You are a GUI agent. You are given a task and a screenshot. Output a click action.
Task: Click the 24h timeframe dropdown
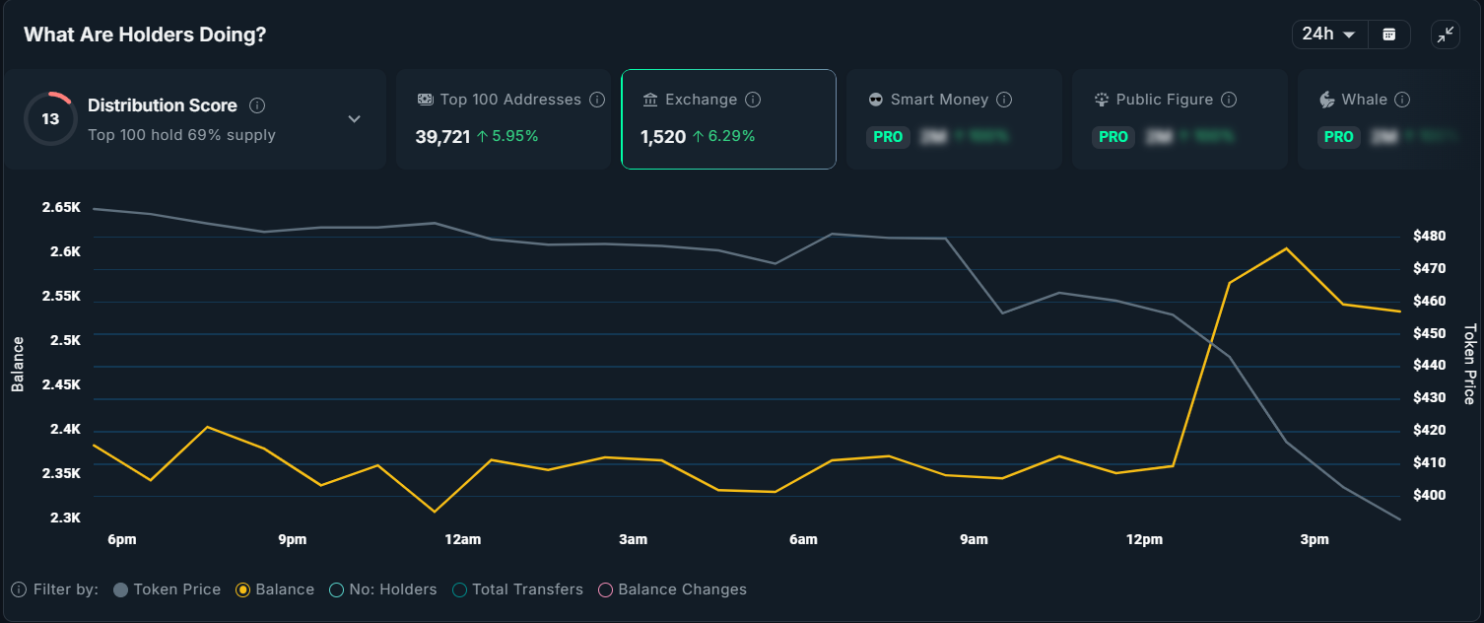[1328, 35]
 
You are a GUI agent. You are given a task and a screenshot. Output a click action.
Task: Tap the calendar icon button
[1389, 35]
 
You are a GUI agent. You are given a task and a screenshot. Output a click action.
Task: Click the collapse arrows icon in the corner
[1446, 35]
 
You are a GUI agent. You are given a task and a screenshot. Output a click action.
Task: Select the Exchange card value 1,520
[663, 137]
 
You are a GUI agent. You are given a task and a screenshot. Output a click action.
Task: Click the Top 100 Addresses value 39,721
[442, 137]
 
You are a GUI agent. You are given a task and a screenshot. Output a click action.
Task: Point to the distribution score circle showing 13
[50, 119]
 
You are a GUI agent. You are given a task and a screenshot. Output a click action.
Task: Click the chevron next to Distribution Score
[355, 119]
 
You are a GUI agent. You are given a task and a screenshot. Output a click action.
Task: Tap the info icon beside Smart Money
[1004, 100]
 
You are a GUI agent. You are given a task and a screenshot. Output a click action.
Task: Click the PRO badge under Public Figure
[1113, 137]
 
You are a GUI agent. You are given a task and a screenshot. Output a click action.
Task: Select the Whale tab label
[1364, 100]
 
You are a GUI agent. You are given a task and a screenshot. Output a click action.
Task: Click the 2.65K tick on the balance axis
[61, 208]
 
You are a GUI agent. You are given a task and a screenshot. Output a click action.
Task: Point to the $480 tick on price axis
[1429, 236]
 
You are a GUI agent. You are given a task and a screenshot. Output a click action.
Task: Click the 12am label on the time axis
[463, 539]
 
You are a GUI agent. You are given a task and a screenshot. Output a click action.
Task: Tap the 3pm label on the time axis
[1315, 539]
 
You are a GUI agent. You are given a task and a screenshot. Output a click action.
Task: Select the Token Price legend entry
[168, 589]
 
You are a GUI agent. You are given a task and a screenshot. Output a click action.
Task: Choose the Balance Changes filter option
[673, 589]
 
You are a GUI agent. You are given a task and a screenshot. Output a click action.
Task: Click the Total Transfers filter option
[518, 589]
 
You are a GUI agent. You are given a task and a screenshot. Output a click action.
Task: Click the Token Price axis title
[1469, 365]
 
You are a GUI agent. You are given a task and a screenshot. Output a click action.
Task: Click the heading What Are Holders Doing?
[145, 35]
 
